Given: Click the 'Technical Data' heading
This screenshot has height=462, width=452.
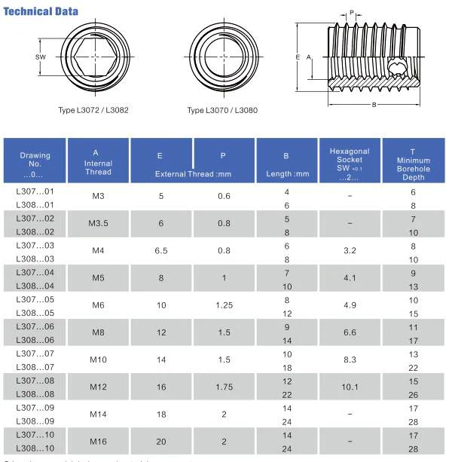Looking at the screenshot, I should (41, 11).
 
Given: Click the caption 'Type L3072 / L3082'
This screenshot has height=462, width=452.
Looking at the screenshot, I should (93, 110).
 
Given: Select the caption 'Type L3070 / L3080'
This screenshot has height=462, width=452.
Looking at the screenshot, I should (222, 110).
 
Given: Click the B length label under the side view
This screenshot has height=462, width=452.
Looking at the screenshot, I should (374, 105).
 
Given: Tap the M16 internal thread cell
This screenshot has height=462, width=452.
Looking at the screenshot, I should (98, 441).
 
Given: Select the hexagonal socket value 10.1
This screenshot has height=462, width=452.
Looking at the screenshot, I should (349, 387).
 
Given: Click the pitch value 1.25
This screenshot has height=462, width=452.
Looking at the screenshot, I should (223, 306).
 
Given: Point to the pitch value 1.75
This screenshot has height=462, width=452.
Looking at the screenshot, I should (223, 387).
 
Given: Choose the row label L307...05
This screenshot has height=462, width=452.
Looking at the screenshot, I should (35, 299).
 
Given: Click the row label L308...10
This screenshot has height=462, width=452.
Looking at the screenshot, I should (35, 448).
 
